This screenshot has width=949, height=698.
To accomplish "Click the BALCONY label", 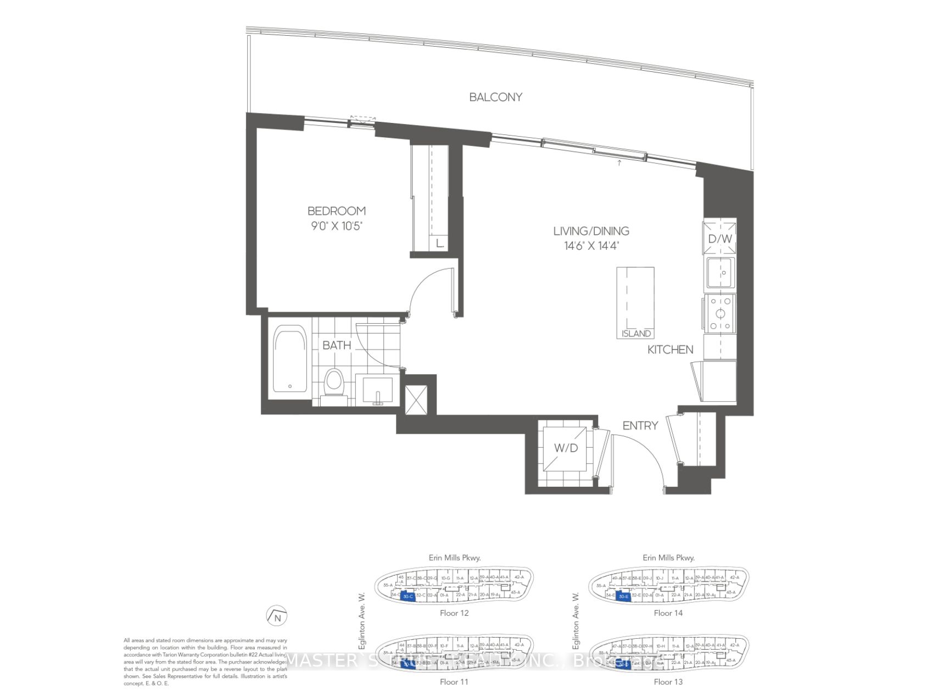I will point(495,97).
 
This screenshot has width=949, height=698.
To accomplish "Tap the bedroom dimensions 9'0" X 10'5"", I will point(336,226).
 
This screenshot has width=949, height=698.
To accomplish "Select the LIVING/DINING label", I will point(591,231).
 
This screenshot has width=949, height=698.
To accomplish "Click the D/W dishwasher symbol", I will point(720,238).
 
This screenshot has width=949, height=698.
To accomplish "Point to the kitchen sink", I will point(721,273).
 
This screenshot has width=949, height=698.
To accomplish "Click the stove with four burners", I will point(720,314).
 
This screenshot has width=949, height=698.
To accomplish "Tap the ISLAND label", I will point(636,334).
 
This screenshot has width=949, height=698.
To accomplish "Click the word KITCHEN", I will point(670,350).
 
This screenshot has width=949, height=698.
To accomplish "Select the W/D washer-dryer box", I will point(566,448).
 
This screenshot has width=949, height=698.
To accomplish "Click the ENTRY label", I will point(640,425).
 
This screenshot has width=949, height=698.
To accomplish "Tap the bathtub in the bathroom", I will point(290,358).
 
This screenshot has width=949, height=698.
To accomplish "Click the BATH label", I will point(336,345).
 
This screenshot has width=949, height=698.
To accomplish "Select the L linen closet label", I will point(439,243).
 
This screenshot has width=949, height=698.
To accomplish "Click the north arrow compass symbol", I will point(277,616).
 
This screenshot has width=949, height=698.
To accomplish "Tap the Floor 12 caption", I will point(454,613).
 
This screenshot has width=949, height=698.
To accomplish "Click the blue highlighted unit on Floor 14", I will point(622,596).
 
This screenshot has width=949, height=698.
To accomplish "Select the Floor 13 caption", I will point(668,682).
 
